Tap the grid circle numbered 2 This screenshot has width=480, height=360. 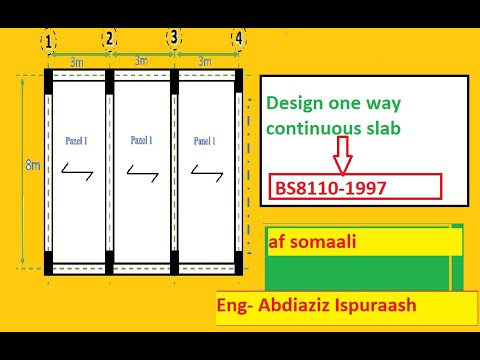click(110, 40)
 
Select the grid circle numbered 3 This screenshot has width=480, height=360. click(175, 38)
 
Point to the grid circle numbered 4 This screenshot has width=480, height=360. click(238, 39)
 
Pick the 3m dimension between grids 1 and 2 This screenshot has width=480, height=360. click(76, 62)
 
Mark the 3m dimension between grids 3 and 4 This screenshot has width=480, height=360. click(204, 61)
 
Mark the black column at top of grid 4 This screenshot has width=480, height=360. click(240, 76)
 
